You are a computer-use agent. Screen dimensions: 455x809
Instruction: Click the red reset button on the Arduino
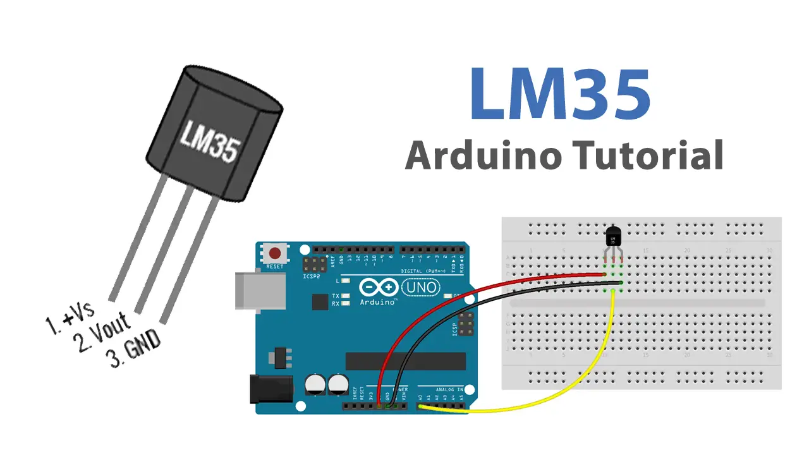point(276,254)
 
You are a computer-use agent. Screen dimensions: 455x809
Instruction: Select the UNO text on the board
point(422,288)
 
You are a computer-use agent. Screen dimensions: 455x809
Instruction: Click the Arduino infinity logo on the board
point(378,288)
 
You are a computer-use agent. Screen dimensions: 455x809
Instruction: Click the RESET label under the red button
point(275,267)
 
